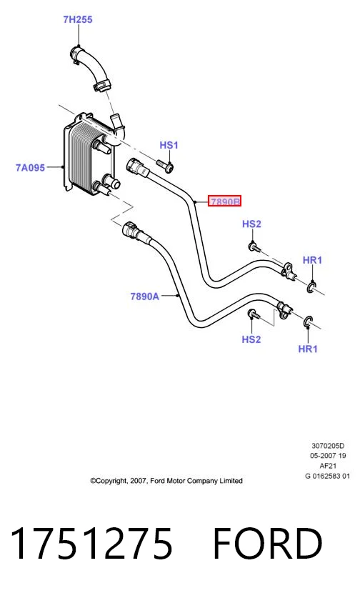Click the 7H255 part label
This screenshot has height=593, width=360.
click(78, 20)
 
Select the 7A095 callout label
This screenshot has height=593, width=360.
click(30, 167)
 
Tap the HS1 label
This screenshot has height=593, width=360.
click(169, 145)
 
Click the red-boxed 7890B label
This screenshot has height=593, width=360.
click(224, 201)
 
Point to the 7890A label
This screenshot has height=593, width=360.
click(145, 296)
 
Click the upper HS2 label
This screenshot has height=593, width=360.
click(251, 224)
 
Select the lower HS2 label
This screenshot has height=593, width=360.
click(251, 339)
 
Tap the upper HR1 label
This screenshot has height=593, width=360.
click(312, 260)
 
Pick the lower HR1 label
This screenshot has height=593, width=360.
click(308, 349)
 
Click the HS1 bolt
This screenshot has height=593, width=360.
click(164, 165)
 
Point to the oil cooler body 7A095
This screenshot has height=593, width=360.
click(88, 154)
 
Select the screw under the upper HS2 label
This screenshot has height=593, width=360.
click(255, 248)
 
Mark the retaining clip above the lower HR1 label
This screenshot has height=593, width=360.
click(308, 322)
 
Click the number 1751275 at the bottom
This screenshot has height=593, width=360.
click(92, 544)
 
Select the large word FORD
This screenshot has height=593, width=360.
click(268, 544)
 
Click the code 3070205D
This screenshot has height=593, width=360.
click(328, 446)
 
